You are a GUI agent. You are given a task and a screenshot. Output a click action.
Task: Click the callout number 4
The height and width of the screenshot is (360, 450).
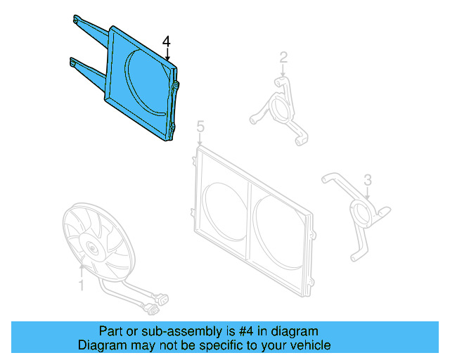click(166, 43)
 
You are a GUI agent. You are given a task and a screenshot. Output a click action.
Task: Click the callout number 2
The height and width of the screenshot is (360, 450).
click(283, 57)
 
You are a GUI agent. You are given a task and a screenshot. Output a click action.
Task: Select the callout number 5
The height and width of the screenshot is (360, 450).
click(200, 127)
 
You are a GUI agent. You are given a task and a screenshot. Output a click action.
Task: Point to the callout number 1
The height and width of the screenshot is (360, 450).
click(81, 285)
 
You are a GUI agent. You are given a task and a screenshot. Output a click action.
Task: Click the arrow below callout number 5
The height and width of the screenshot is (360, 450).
click(200, 140)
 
